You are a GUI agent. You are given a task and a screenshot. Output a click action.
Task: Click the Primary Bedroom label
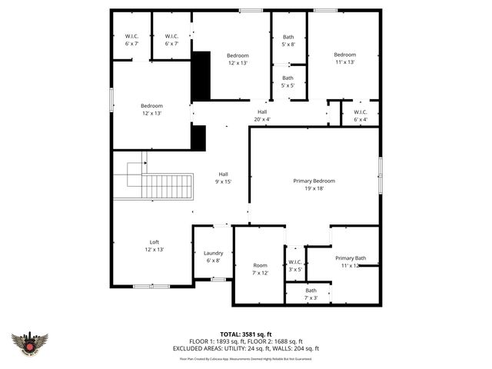(x=314, y=184)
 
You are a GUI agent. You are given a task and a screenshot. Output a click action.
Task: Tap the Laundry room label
(x=214, y=257)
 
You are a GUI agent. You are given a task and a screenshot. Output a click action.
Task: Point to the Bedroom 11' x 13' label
(x=344, y=58)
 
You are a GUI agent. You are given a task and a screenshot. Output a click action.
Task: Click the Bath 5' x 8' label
(x=288, y=41)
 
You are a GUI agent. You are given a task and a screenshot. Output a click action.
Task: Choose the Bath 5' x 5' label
(x=288, y=81)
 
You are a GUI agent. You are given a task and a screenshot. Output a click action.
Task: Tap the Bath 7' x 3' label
(x=311, y=294)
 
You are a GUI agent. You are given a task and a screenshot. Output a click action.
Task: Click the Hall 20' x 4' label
(x=262, y=115)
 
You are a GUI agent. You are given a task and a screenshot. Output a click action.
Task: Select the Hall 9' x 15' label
(x=223, y=178)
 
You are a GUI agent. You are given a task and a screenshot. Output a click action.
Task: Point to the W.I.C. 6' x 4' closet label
(x=361, y=115)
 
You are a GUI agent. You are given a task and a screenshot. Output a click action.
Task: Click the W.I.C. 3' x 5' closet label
(x=295, y=265)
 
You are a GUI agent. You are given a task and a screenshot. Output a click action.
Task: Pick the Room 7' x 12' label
(x=260, y=269)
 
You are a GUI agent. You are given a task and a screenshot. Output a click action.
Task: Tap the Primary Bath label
(x=350, y=261)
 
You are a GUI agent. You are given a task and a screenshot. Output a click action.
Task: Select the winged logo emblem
(x=30, y=344)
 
